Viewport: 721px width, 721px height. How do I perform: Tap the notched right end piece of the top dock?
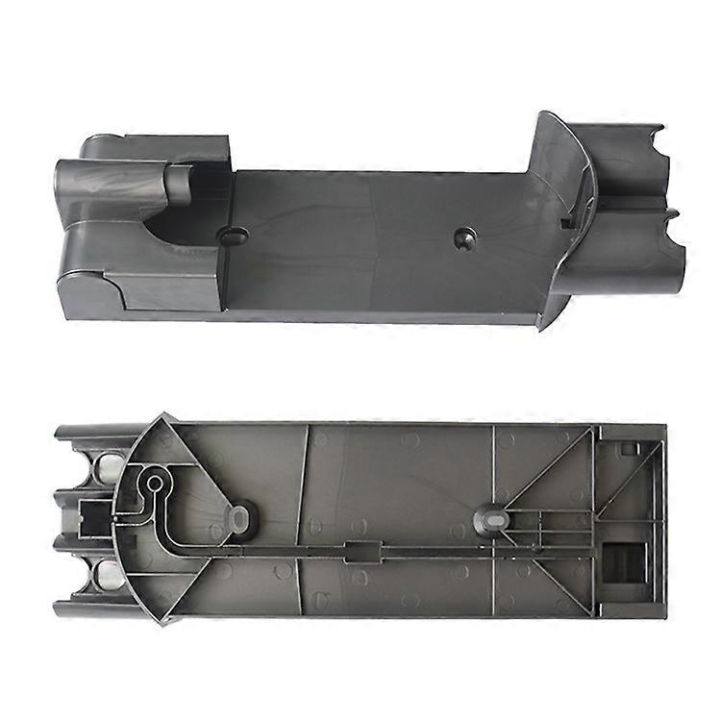(634, 207)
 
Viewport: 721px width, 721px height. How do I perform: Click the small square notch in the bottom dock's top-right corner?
(630, 446)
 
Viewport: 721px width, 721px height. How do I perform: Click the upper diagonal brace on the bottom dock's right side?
(548, 471)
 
